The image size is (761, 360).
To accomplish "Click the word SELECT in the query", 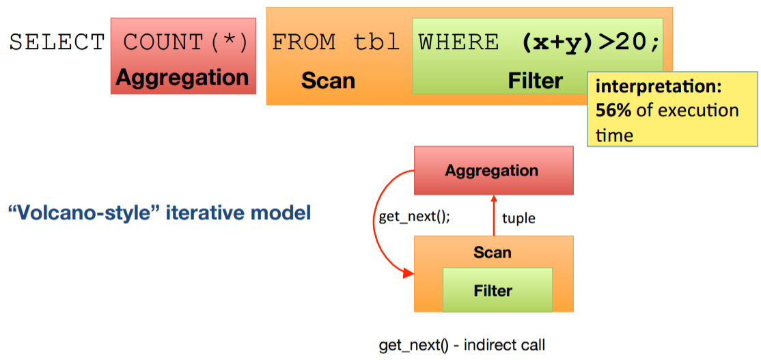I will (x=57, y=42).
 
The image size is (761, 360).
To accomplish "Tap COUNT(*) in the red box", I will (x=184, y=42).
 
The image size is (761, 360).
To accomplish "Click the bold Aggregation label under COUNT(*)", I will (x=182, y=77).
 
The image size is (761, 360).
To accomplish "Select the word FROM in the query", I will (x=304, y=42).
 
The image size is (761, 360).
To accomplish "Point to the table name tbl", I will (x=376, y=42).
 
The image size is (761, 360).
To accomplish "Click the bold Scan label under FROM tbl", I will (x=328, y=81).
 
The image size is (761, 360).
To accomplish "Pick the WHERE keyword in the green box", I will (x=458, y=42).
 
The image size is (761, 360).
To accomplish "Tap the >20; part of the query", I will (x=629, y=42).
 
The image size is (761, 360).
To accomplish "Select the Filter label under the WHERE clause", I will (x=535, y=81).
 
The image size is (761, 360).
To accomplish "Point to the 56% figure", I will (x=612, y=111).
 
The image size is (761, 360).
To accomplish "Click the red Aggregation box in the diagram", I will (x=493, y=171).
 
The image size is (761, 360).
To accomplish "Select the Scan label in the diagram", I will (x=493, y=252).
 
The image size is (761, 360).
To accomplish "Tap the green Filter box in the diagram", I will (x=497, y=291).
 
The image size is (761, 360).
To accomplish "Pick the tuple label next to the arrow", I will (x=518, y=219).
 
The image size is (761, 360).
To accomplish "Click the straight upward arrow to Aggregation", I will (x=493, y=215).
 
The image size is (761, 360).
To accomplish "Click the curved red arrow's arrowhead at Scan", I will (x=409, y=274).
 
